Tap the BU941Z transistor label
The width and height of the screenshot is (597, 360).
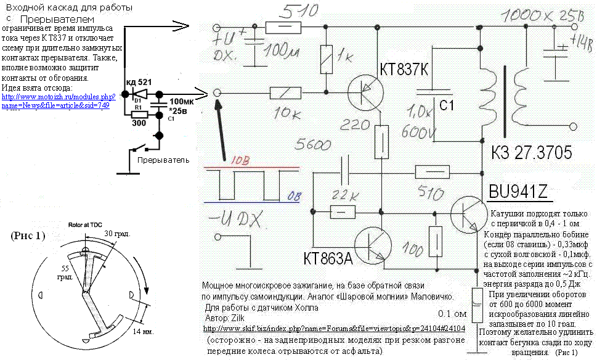click(518, 192)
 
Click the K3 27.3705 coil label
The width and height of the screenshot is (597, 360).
click(532, 153)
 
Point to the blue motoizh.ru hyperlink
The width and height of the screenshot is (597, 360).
click(59, 101)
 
